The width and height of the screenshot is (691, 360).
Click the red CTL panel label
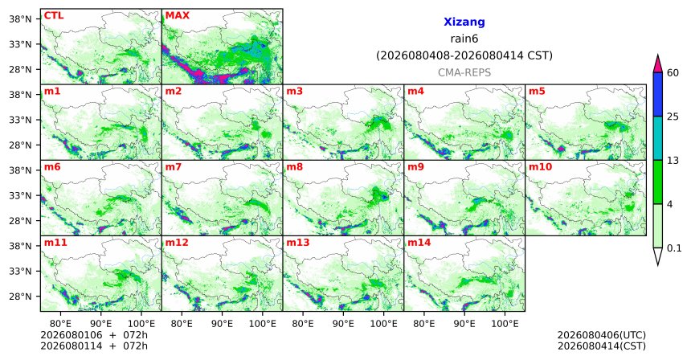click(53, 15)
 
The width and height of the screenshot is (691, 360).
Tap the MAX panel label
click(177, 15)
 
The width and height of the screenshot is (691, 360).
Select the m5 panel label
click(537, 92)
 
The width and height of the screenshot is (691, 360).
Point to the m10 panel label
click(540, 167)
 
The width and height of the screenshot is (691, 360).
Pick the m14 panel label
click(419, 243)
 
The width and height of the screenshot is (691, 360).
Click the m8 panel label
click(295, 167)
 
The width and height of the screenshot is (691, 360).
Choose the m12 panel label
click(177, 243)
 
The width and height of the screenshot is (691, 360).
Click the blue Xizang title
click(464, 22)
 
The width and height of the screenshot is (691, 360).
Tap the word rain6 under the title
click(464, 39)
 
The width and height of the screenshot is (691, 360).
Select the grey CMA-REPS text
click(464, 72)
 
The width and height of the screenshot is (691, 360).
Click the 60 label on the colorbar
click(673, 72)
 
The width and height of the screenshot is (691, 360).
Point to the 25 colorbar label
click(673, 117)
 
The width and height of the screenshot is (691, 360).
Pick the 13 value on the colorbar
click(673, 161)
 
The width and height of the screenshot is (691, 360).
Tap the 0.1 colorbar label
click(674, 248)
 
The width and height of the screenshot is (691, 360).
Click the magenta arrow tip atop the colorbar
click(658, 55)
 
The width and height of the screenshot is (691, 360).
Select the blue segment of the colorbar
click(658, 94)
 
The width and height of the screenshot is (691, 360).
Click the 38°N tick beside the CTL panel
click(21, 19)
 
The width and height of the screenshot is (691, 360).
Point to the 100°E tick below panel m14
click(505, 324)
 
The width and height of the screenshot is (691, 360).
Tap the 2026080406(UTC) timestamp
click(602, 336)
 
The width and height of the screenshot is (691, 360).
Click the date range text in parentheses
click(464, 56)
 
